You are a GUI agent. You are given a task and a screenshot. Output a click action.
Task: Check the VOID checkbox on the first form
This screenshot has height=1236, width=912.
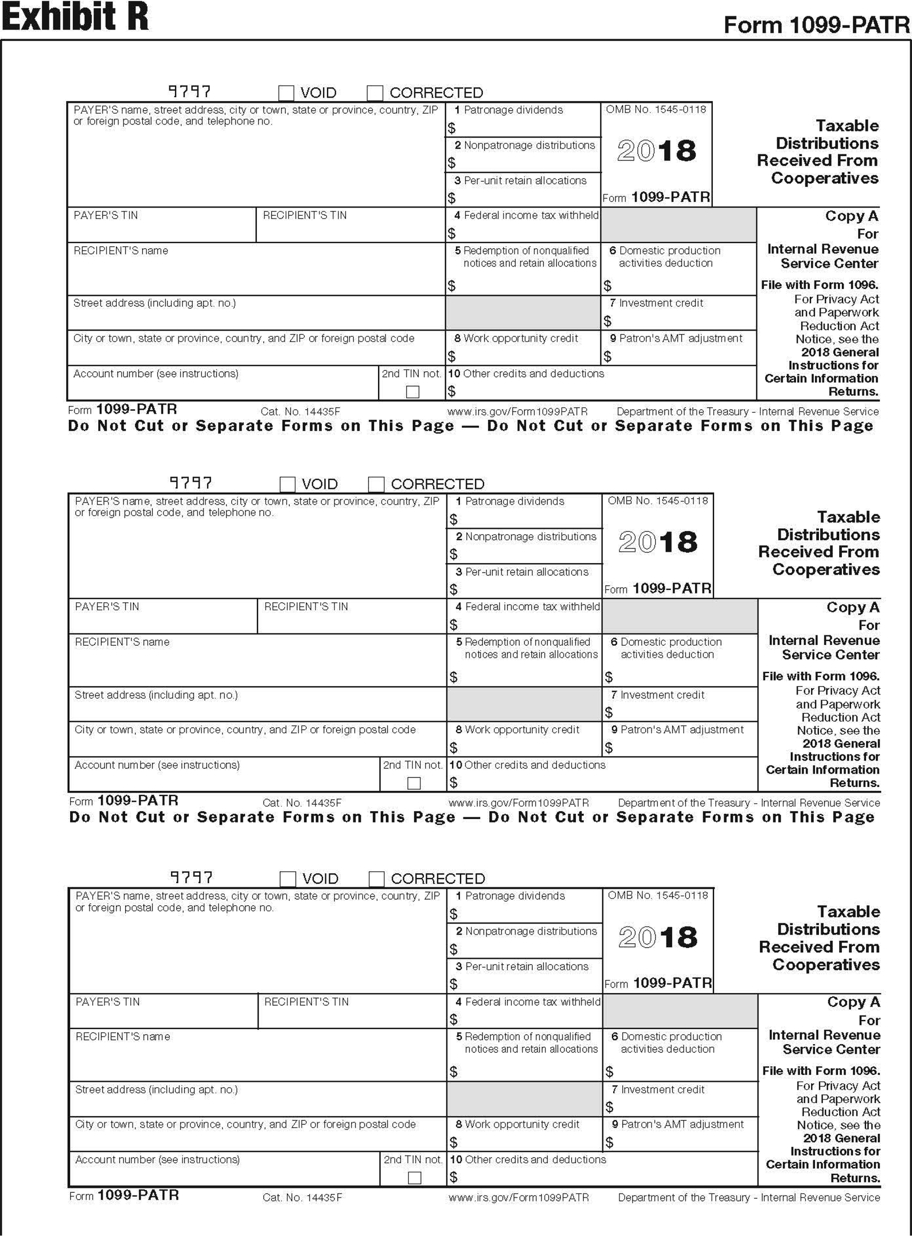(286, 93)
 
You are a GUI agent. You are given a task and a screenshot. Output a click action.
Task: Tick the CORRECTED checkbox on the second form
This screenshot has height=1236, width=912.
(376, 484)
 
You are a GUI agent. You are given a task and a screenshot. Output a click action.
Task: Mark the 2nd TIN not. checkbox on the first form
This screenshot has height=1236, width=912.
(412, 392)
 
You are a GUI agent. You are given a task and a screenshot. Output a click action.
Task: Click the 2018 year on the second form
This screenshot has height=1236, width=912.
(658, 542)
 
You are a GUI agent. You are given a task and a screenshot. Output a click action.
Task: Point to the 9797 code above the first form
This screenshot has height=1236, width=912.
(189, 91)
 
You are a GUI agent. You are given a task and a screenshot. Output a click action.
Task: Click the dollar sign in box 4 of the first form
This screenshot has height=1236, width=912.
(452, 233)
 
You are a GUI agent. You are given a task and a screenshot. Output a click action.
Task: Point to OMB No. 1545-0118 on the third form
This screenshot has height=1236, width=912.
(658, 895)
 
